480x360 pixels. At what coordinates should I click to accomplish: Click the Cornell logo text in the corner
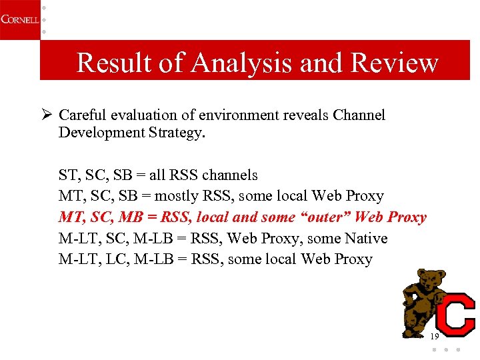click(x=19, y=19)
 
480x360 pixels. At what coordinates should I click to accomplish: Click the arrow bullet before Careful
click(x=46, y=115)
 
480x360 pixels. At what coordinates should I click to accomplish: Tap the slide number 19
click(x=434, y=336)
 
